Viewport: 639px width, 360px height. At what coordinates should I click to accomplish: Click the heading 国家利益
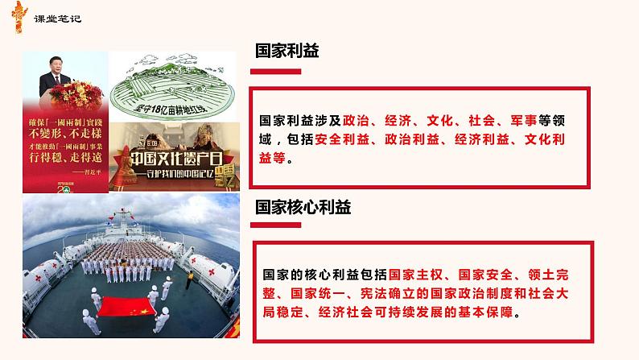(x=287, y=51)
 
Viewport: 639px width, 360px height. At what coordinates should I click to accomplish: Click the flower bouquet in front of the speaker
(x=64, y=104)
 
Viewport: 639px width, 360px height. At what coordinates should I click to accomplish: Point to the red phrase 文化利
(x=558, y=141)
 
